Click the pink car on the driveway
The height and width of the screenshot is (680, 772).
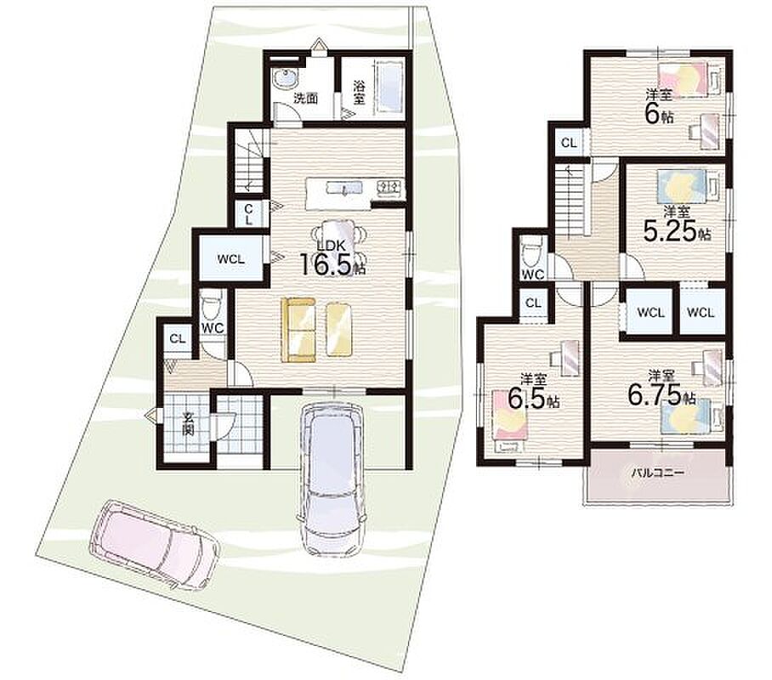pos(154,542)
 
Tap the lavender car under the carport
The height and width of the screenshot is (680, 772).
pos(334,478)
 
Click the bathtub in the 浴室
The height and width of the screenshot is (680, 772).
pos(390,88)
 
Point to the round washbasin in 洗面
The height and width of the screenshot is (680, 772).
pos(285,78)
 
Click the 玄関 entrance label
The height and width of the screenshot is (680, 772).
pos(188,423)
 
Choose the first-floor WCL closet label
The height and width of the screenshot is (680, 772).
pos(231,259)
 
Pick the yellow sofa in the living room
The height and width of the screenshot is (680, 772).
pos(298,330)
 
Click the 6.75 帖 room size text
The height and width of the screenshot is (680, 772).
pos(661,394)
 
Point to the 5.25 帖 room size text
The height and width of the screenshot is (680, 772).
pos(677,230)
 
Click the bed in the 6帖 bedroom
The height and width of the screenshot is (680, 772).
pos(690,79)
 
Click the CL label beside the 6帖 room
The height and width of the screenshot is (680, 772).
pos(569,144)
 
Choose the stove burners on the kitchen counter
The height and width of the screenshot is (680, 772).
pos(389,187)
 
